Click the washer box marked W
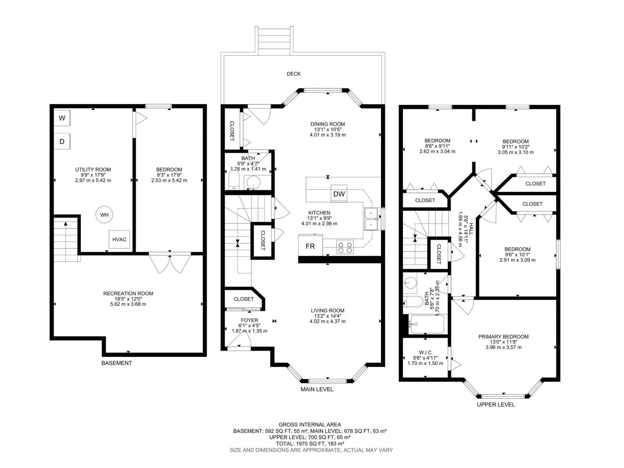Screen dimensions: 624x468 62,118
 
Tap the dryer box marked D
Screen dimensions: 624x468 62,141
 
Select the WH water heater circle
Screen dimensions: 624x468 104,215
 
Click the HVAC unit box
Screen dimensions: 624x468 119,239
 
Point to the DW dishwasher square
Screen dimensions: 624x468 339,194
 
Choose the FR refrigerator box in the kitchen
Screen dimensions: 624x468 310,246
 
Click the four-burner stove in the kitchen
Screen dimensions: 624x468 345,246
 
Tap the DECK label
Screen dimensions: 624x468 294,74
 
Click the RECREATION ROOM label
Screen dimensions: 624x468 128,293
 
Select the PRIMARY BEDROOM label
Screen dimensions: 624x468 503,337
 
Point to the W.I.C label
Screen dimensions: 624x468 425,353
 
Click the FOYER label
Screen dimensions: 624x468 249,320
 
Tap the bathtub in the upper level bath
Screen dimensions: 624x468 427,324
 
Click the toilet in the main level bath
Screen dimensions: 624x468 234,179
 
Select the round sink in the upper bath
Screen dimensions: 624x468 410,283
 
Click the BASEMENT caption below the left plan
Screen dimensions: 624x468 117,363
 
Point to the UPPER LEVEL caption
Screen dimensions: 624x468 496,405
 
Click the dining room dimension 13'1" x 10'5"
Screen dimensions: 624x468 328,129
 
